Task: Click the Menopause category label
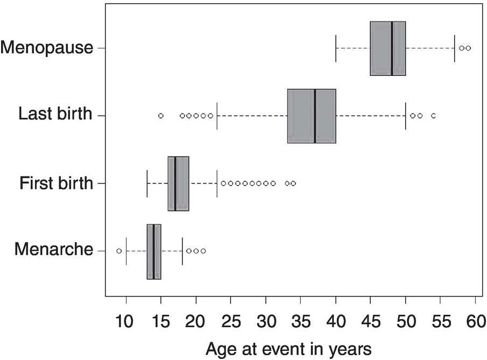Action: [x=46, y=48]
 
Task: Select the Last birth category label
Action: [x=55, y=115]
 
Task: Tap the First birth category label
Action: [x=56, y=183]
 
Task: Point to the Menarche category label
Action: [x=53, y=250]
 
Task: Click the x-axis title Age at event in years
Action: [x=288, y=349]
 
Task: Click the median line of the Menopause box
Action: [x=392, y=48]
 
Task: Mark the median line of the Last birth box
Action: [x=315, y=116]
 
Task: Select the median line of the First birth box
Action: [x=175, y=183]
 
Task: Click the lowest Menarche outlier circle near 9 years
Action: [x=119, y=251]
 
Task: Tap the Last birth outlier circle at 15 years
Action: [x=161, y=116]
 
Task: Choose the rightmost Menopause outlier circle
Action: [x=469, y=48]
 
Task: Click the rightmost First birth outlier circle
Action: [x=293, y=183]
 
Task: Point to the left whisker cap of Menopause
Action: [x=336, y=48]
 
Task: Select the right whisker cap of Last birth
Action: [x=406, y=116]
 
